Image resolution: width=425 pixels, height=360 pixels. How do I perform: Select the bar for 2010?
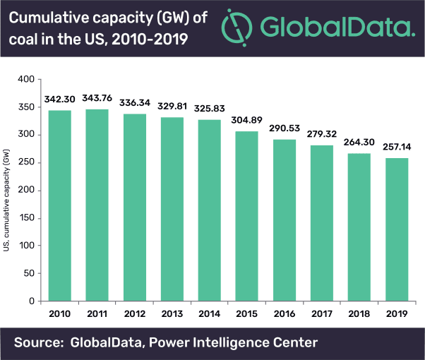pos(59,205)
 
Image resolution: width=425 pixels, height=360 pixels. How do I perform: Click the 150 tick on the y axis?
pos(26,218)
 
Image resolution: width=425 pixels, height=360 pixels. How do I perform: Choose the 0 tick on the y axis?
pos(32,301)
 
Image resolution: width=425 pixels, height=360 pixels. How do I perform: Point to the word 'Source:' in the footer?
pos(40,342)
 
